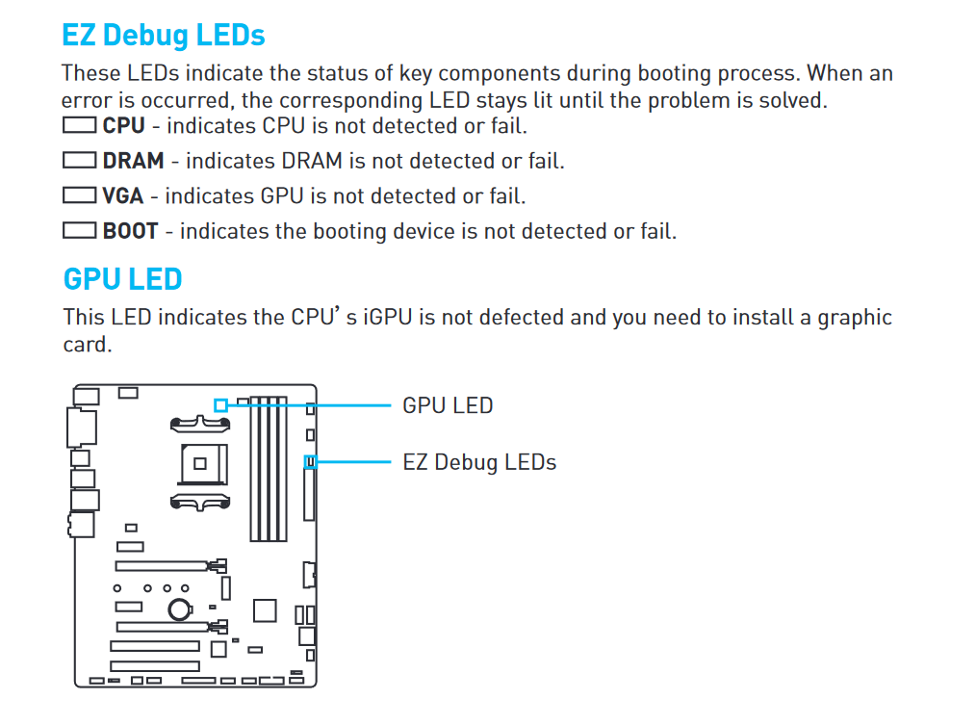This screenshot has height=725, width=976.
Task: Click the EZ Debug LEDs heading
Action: [x=164, y=35]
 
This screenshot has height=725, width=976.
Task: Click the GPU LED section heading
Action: [x=122, y=279]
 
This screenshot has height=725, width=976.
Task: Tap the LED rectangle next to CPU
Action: [x=79, y=125]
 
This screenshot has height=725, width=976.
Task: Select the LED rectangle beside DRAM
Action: [x=79, y=160]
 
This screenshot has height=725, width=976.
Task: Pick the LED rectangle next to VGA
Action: [x=79, y=194]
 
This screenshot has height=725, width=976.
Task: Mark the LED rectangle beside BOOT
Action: [x=79, y=230]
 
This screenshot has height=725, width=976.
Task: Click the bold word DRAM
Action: [x=133, y=161]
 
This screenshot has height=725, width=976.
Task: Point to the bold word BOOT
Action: [x=130, y=231]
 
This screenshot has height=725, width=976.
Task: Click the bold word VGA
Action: [x=122, y=195]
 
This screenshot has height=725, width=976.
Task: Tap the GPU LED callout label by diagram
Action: [x=448, y=405]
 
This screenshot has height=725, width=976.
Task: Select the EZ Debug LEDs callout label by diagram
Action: [x=479, y=462]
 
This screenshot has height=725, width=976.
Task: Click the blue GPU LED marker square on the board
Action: [x=220, y=405]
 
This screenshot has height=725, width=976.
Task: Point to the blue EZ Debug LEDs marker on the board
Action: [x=311, y=461]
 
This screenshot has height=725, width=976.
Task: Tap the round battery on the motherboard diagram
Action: [x=180, y=609]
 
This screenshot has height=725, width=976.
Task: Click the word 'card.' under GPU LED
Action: [x=88, y=345]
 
